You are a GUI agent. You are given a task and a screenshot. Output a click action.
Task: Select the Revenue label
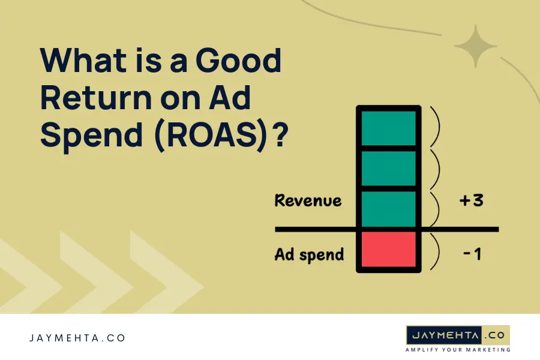[308, 200]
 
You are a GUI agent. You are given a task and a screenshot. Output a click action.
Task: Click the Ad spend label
[309, 254]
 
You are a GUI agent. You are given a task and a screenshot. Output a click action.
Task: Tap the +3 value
[470, 200]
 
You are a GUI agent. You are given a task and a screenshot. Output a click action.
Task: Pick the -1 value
[472, 254]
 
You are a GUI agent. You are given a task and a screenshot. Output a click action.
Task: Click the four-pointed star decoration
[476, 46]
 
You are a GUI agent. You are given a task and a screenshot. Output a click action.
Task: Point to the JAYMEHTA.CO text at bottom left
[77, 338]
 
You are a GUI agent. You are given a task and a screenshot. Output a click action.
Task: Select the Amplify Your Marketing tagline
[458, 349]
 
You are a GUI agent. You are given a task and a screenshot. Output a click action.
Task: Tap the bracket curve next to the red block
[436, 250]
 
